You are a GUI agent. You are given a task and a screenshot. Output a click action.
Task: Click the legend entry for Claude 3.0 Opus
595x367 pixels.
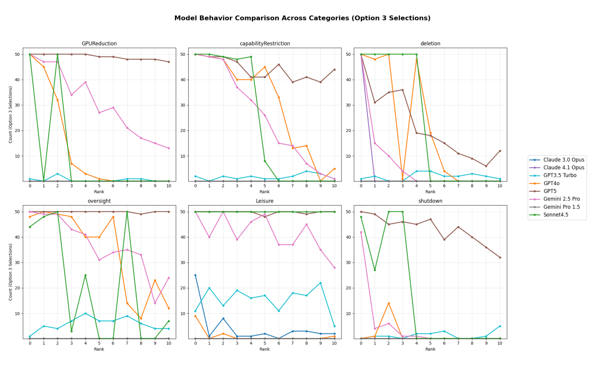tap(563, 160)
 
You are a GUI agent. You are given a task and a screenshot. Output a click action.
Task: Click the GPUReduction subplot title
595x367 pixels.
tap(99, 44)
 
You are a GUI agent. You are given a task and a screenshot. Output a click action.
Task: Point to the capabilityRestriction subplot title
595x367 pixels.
tap(265, 44)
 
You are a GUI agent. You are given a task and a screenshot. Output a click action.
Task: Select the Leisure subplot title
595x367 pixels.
tap(265, 201)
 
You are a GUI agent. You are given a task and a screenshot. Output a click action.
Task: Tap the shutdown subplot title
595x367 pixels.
tap(430, 201)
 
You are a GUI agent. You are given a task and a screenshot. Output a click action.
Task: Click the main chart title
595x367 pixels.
tap(302, 18)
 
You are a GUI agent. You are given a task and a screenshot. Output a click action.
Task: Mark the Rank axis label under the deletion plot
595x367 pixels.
tap(430, 192)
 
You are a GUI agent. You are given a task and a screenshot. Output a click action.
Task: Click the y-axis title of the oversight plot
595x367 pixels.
tap(10, 272)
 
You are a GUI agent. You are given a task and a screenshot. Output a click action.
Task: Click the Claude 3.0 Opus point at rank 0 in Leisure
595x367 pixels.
tap(195, 275)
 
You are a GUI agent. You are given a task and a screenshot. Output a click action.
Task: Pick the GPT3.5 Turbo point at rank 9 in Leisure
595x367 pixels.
tap(320, 283)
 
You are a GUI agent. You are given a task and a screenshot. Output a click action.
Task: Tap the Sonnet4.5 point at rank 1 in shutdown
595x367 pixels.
tap(375, 270)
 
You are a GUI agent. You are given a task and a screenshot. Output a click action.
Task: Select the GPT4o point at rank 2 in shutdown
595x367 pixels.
tap(389, 303)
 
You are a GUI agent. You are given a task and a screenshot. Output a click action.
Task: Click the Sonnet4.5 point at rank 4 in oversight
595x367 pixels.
tap(85, 275)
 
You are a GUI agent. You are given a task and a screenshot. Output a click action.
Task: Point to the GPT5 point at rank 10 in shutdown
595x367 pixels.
tap(500, 258)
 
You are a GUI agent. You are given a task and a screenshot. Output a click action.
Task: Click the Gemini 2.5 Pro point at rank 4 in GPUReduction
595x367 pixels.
tap(85, 82)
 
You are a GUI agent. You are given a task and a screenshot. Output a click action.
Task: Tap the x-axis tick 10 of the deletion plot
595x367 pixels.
tap(500, 186)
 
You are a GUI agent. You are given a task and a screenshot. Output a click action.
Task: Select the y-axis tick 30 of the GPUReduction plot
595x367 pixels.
tap(17, 105)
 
